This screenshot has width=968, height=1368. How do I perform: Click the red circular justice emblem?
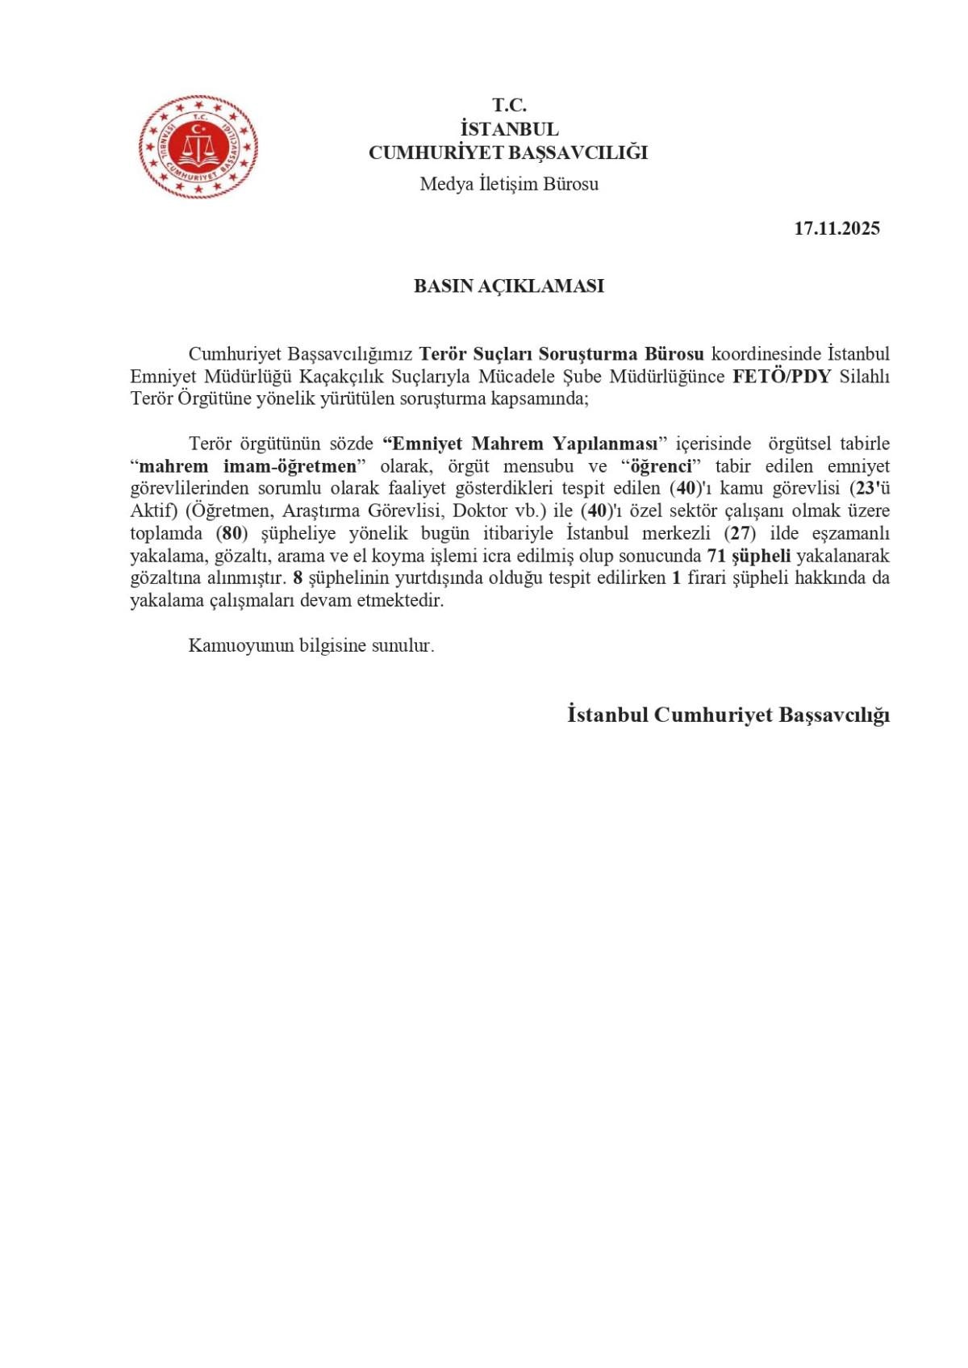(198, 147)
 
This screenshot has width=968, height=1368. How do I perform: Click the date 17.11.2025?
(837, 228)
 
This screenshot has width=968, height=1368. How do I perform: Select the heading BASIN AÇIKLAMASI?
(508, 286)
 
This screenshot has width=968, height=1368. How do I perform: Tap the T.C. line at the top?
(509, 105)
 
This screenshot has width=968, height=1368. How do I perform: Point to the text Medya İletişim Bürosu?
(509, 184)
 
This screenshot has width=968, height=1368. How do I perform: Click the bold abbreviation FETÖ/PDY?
(781, 377)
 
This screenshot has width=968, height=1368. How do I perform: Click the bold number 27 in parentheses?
(741, 533)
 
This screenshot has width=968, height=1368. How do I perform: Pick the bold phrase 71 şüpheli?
(748, 556)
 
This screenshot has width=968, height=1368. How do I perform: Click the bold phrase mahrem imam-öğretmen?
(248, 466)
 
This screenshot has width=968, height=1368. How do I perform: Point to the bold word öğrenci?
(661, 466)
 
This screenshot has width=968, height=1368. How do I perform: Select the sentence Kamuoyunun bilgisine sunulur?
(311, 646)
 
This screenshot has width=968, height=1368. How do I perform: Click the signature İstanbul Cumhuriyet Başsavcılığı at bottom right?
(728, 715)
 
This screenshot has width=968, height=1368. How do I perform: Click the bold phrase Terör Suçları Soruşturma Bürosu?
(561, 354)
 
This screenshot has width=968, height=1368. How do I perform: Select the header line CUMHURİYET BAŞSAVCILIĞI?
(508, 153)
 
